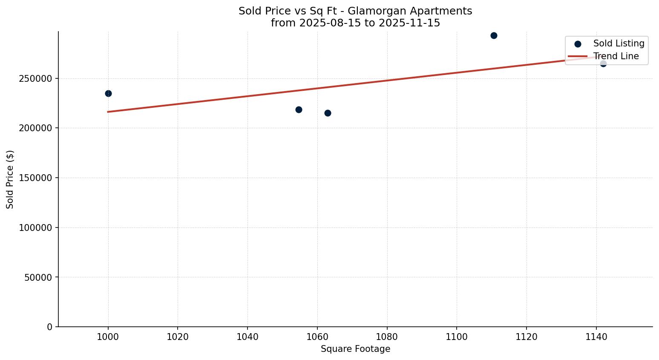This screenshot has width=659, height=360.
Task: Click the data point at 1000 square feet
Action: (108, 93)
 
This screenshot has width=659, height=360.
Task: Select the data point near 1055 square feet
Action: (299, 109)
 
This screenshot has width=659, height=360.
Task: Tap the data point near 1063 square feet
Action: (328, 113)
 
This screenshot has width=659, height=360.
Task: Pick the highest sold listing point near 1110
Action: (494, 35)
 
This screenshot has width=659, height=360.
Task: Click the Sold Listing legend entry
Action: (619, 43)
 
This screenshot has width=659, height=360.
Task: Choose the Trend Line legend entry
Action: (616, 56)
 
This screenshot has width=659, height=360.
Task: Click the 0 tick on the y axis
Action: (50, 327)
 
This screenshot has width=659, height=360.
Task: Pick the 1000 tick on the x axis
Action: (108, 337)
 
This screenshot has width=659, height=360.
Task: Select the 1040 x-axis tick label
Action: (247, 337)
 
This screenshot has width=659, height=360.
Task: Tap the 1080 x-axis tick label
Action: (387, 337)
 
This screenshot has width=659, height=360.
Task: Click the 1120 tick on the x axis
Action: (527, 337)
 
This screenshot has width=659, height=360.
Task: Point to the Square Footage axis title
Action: (355, 349)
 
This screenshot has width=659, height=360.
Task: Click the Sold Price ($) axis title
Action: (10, 179)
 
